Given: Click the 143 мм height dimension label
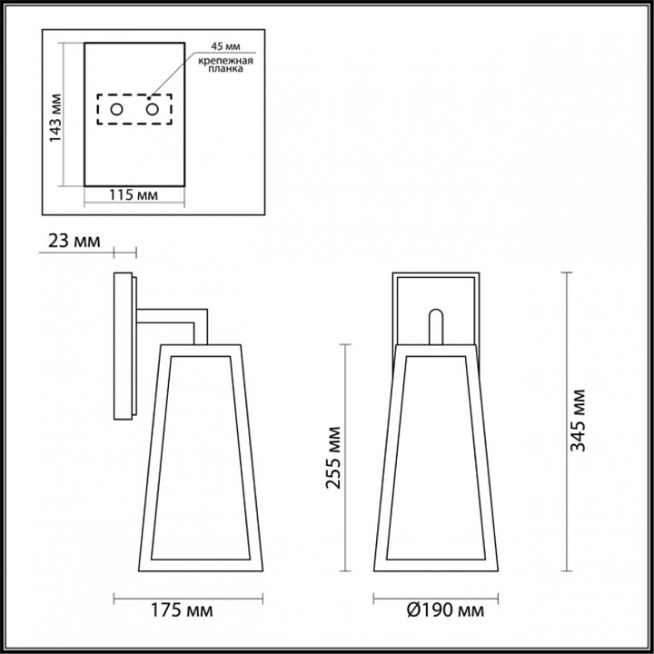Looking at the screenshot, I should [x=55, y=116].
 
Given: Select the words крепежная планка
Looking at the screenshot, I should [x=221, y=64].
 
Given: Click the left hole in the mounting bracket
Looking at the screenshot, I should [x=116, y=110].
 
